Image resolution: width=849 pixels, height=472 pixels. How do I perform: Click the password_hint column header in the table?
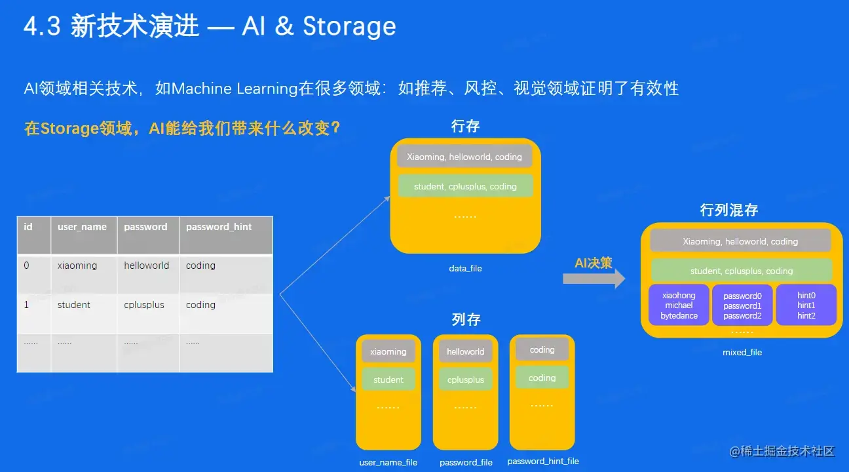coord(219,227)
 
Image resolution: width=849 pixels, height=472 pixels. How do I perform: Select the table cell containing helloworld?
coord(147,265)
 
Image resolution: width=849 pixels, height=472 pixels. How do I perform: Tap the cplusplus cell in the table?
coord(144,305)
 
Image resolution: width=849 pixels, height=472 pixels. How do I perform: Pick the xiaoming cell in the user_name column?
coord(77,265)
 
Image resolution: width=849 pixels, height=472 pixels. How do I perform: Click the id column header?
coord(28,227)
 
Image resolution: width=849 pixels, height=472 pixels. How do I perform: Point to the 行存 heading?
coord(466,126)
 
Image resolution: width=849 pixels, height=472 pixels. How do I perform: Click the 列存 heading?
coord(466,319)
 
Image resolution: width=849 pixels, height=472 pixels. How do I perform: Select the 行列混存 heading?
coord(729,210)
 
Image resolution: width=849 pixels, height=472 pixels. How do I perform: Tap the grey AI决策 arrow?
coord(594,278)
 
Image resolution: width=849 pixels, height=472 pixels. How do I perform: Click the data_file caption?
coord(465,269)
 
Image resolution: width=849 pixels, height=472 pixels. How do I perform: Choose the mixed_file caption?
coord(742,353)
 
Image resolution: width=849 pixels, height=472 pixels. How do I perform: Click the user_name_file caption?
coord(388,462)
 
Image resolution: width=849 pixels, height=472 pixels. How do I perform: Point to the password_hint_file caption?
coord(543,461)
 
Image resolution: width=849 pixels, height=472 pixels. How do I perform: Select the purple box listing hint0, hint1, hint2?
coord(806,305)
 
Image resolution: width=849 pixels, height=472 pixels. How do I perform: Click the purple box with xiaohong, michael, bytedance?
coord(679,305)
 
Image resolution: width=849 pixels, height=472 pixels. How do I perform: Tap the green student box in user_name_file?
coord(388,380)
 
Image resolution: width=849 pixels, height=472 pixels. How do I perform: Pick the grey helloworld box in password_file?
coord(465,352)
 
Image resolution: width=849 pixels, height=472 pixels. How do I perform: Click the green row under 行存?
coord(465,187)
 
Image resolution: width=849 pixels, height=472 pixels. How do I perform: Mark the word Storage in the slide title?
coord(349,27)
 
